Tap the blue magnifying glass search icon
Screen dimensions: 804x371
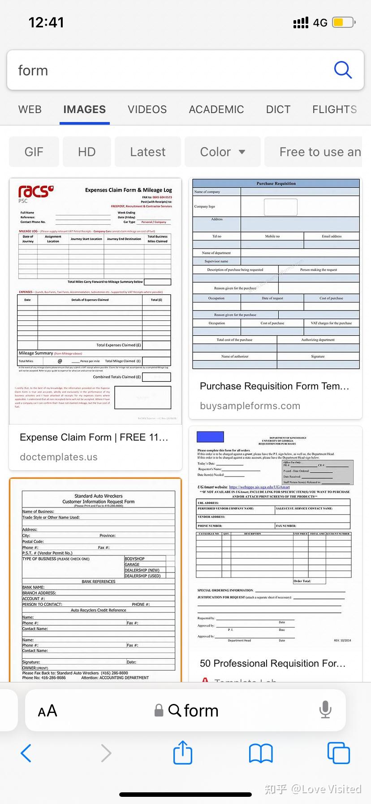tap(343, 70)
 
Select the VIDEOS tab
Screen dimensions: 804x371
tap(147, 109)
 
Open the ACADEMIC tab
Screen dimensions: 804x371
tap(216, 109)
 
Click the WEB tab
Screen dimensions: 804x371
tap(30, 109)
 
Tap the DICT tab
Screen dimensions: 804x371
tap(278, 109)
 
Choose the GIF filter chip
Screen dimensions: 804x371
tap(34, 152)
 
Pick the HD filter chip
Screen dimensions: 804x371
tap(87, 152)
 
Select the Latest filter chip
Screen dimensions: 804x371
tap(148, 152)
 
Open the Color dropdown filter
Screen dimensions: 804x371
tap(223, 152)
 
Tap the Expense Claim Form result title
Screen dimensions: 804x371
tap(94, 437)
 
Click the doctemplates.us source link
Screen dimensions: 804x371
tap(59, 457)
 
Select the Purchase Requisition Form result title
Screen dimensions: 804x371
tap(274, 386)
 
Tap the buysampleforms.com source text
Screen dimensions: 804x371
tap(250, 406)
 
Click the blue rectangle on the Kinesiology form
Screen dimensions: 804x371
tap(210, 437)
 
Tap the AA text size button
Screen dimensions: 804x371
tap(47, 711)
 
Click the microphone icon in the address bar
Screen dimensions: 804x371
tap(325, 710)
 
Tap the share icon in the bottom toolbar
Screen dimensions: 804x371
tap(183, 753)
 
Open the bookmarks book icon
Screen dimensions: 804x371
tap(261, 753)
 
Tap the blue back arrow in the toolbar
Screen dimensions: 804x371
tap(26, 753)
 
